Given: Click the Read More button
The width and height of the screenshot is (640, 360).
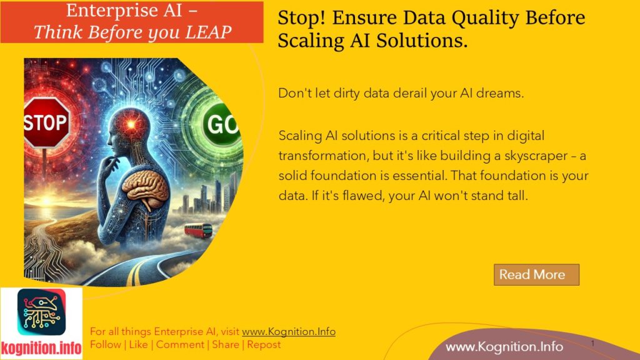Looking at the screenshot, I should (x=536, y=274).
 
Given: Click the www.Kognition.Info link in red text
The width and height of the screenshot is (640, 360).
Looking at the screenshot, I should (x=288, y=332).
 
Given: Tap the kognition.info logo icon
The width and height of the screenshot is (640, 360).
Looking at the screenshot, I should (x=41, y=313).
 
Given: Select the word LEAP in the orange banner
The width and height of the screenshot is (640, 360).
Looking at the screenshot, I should (x=203, y=32).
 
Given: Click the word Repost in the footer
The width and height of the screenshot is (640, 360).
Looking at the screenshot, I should (x=264, y=344).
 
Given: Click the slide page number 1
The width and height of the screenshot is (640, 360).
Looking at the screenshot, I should (x=591, y=344).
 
